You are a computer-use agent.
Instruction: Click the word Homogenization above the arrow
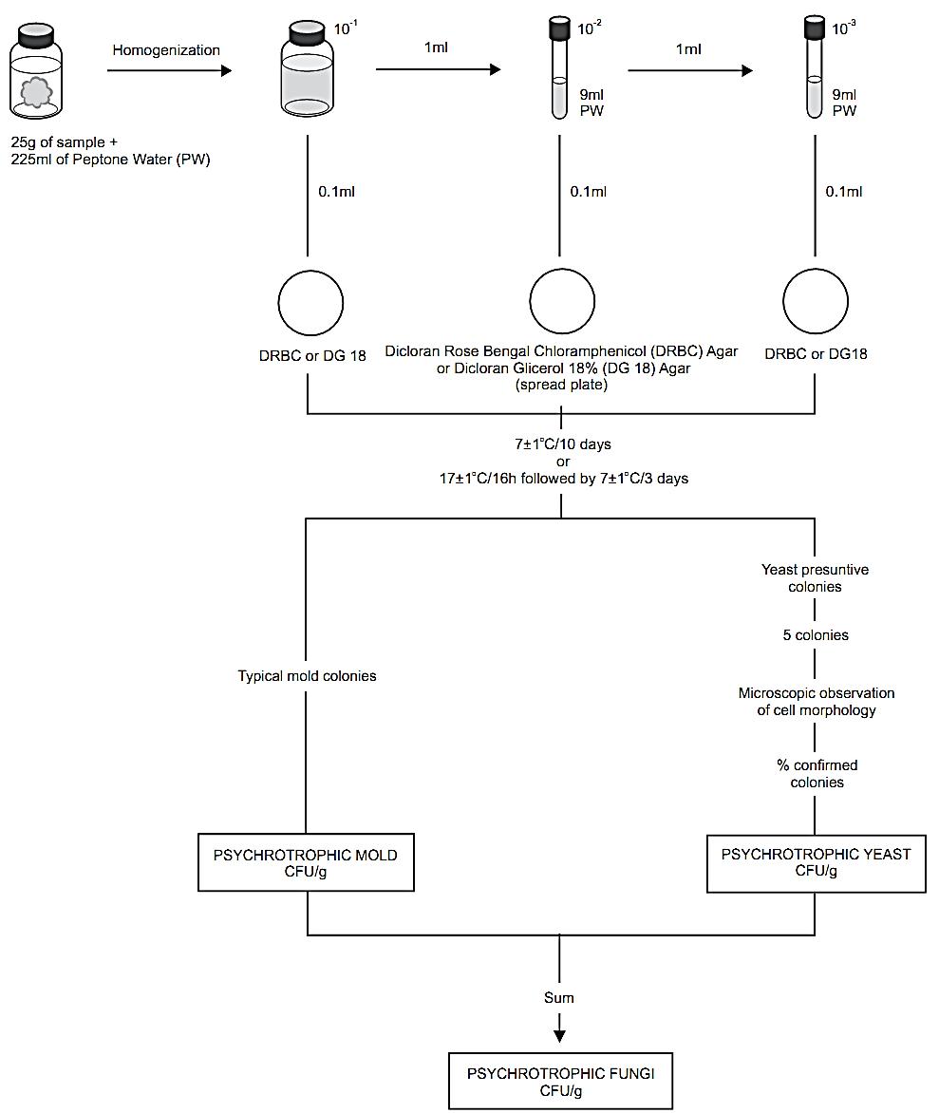(166, 50)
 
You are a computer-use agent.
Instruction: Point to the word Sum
(558, 997)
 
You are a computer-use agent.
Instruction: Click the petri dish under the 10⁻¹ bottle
(310, 302)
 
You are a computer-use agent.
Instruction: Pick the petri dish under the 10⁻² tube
(562, 302)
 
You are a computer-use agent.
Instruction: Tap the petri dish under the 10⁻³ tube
(816, 302)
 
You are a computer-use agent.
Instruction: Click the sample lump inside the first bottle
(35, 92)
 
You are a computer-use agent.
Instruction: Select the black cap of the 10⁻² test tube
(560, 28)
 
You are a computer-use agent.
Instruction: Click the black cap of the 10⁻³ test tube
(815, 28)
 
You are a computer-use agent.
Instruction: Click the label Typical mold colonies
(307, 676)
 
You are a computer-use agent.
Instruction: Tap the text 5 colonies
(816, 634)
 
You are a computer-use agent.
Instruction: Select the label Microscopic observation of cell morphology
(817, 701)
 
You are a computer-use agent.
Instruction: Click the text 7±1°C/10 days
(563, 444)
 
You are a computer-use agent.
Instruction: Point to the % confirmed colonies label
(817, 774)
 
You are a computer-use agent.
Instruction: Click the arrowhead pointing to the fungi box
(559, 1036)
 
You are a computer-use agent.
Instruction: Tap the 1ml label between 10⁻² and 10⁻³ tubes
(688, 49)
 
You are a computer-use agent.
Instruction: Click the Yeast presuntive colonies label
(815, 577)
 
